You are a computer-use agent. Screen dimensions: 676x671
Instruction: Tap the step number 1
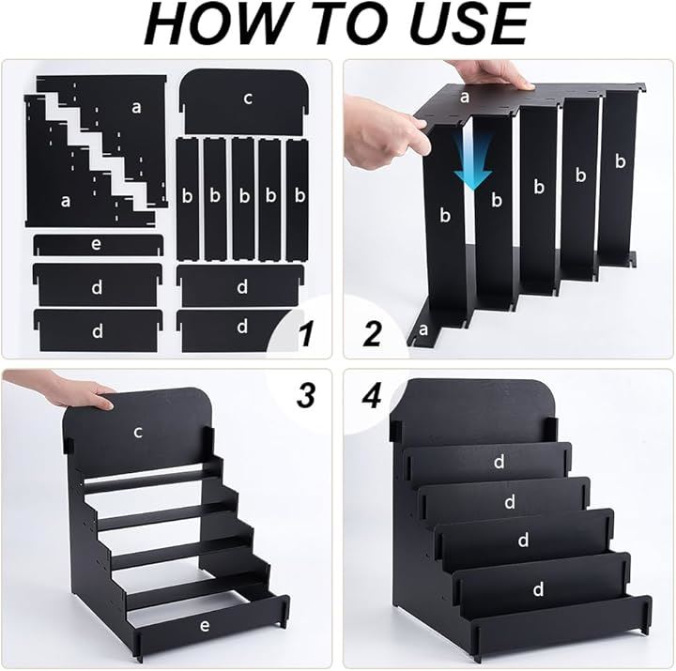pyautogui.click(x=306, y=334)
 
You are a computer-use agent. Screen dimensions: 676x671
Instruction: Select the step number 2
pyautogui.click(x=373, y=333)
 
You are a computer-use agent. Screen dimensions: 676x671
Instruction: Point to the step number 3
pyautogui.click(x=306, y=395)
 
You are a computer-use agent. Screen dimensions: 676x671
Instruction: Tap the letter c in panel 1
pyautogui.click(x=248, y=99)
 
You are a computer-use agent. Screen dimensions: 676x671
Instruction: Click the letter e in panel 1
pyautogui.click(x=96, y=244)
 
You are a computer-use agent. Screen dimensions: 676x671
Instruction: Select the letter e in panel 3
pyautogui.click(x=205, y=625)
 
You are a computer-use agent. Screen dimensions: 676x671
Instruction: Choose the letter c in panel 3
pyautogui.click(x=138, y=432)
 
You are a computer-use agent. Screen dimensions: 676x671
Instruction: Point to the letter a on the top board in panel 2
pyautogui.click(x=464, y=98)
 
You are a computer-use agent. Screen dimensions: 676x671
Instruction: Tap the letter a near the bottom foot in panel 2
pyautogui.click(x=422, y=329)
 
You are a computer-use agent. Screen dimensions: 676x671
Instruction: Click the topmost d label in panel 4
pyautogui.click(x=499, y=462)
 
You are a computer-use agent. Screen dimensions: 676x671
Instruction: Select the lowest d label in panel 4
pyautogui.click(x=538, y=588)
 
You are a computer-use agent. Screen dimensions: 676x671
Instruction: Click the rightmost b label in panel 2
pyautogui.click(x=620, y=160)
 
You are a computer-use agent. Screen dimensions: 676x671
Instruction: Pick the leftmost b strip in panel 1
pyautogui.click(x=187, y=199)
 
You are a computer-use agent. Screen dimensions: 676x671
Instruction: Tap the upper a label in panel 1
pyautogui.click(x=136, y=106)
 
